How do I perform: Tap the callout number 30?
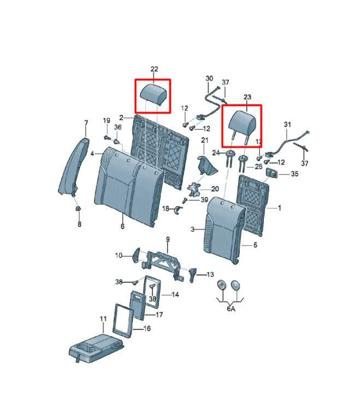point(209,79)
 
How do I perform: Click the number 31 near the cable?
point(287,125)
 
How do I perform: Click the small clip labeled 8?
point(79,208)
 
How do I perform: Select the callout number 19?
point(107,120)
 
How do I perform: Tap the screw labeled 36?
point(117,142)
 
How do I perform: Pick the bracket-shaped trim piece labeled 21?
point(206,166)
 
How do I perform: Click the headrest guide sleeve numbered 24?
point(230,158)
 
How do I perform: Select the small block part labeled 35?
point(272,173)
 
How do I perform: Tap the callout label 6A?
point(231,309)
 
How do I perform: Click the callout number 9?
point(168,239)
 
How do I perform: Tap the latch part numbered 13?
point(193,275)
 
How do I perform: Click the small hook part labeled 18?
point(177,210)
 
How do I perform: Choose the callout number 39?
point(204,200)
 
